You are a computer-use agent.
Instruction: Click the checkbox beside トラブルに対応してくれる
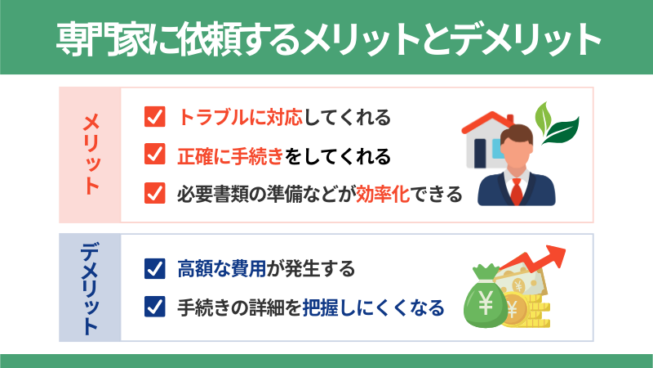coord(154,116)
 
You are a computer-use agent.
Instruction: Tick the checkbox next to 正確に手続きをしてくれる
coord(154,154)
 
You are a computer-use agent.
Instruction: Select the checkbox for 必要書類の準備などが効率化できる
coord(154,193)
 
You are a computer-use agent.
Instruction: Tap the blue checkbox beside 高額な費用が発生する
coord(154,268)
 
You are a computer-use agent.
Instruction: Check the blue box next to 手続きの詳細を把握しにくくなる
coord(154,307)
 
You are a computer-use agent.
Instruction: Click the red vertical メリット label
coord(91,155)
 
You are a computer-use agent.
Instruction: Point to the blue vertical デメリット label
coord(91,288)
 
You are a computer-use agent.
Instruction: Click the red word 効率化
coord(383,194)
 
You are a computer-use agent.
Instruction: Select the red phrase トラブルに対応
coord(240,117)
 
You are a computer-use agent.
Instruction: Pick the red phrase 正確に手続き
coord(230,156)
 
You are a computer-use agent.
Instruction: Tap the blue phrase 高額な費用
coord(221,269)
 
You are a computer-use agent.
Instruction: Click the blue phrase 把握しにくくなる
coord(373,308)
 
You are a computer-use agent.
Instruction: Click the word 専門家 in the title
coord(104,39)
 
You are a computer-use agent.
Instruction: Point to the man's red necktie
coord(517,191)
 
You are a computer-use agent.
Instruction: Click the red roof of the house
coord(488,121)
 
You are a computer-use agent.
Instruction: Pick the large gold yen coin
coord(515,310)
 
